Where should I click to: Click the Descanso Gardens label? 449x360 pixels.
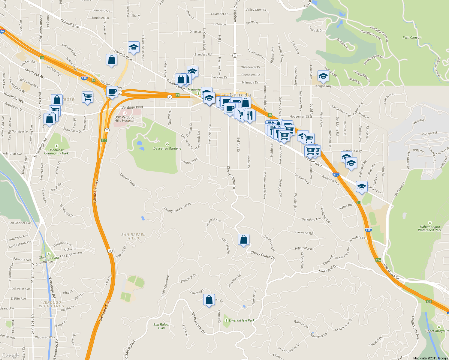pos(167,148)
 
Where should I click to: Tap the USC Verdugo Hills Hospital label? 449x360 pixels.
pos(125,119)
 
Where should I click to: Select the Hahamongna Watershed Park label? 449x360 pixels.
pos(430,229)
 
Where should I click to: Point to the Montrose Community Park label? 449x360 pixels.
pos(56,152)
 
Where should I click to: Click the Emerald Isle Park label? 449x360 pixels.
pos(242,320)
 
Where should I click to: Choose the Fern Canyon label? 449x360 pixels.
pos(412,37)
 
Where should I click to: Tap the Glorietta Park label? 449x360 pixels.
pos(49,258)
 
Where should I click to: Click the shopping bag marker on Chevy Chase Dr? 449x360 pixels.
pos(243,240)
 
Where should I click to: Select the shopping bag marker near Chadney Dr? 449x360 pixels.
pos(209,300)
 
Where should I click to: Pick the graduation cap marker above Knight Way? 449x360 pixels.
pos(323,76)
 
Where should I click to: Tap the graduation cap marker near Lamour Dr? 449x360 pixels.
pos(362,187)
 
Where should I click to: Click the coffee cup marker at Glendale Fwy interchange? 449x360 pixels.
pos(112,92)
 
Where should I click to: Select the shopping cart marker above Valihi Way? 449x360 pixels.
pos(87,97)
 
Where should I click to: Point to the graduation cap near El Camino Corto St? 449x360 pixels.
pos(134,47)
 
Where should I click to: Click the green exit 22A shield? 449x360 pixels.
pos(378,260)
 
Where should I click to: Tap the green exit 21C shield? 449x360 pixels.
pos(104,140)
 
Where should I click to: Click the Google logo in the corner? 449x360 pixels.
pos(11,355)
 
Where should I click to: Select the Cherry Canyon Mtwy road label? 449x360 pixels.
pos(177,207)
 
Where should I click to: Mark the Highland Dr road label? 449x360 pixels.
pos(328,269)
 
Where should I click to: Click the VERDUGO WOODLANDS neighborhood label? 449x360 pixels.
pos(52,304)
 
